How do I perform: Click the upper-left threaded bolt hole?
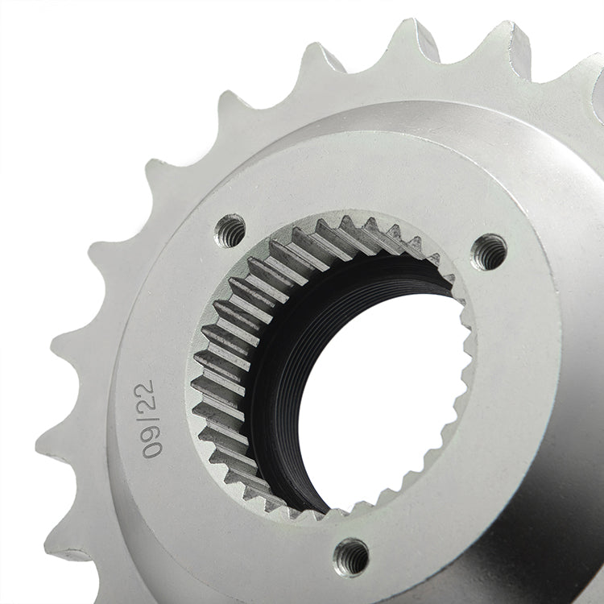click(231, 230)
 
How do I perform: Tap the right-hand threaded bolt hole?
click(489, 252)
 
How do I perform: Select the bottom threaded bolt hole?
click(351, 556)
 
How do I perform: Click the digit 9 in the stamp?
click(149, 427)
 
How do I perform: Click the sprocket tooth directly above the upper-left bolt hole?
click(234, 109)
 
